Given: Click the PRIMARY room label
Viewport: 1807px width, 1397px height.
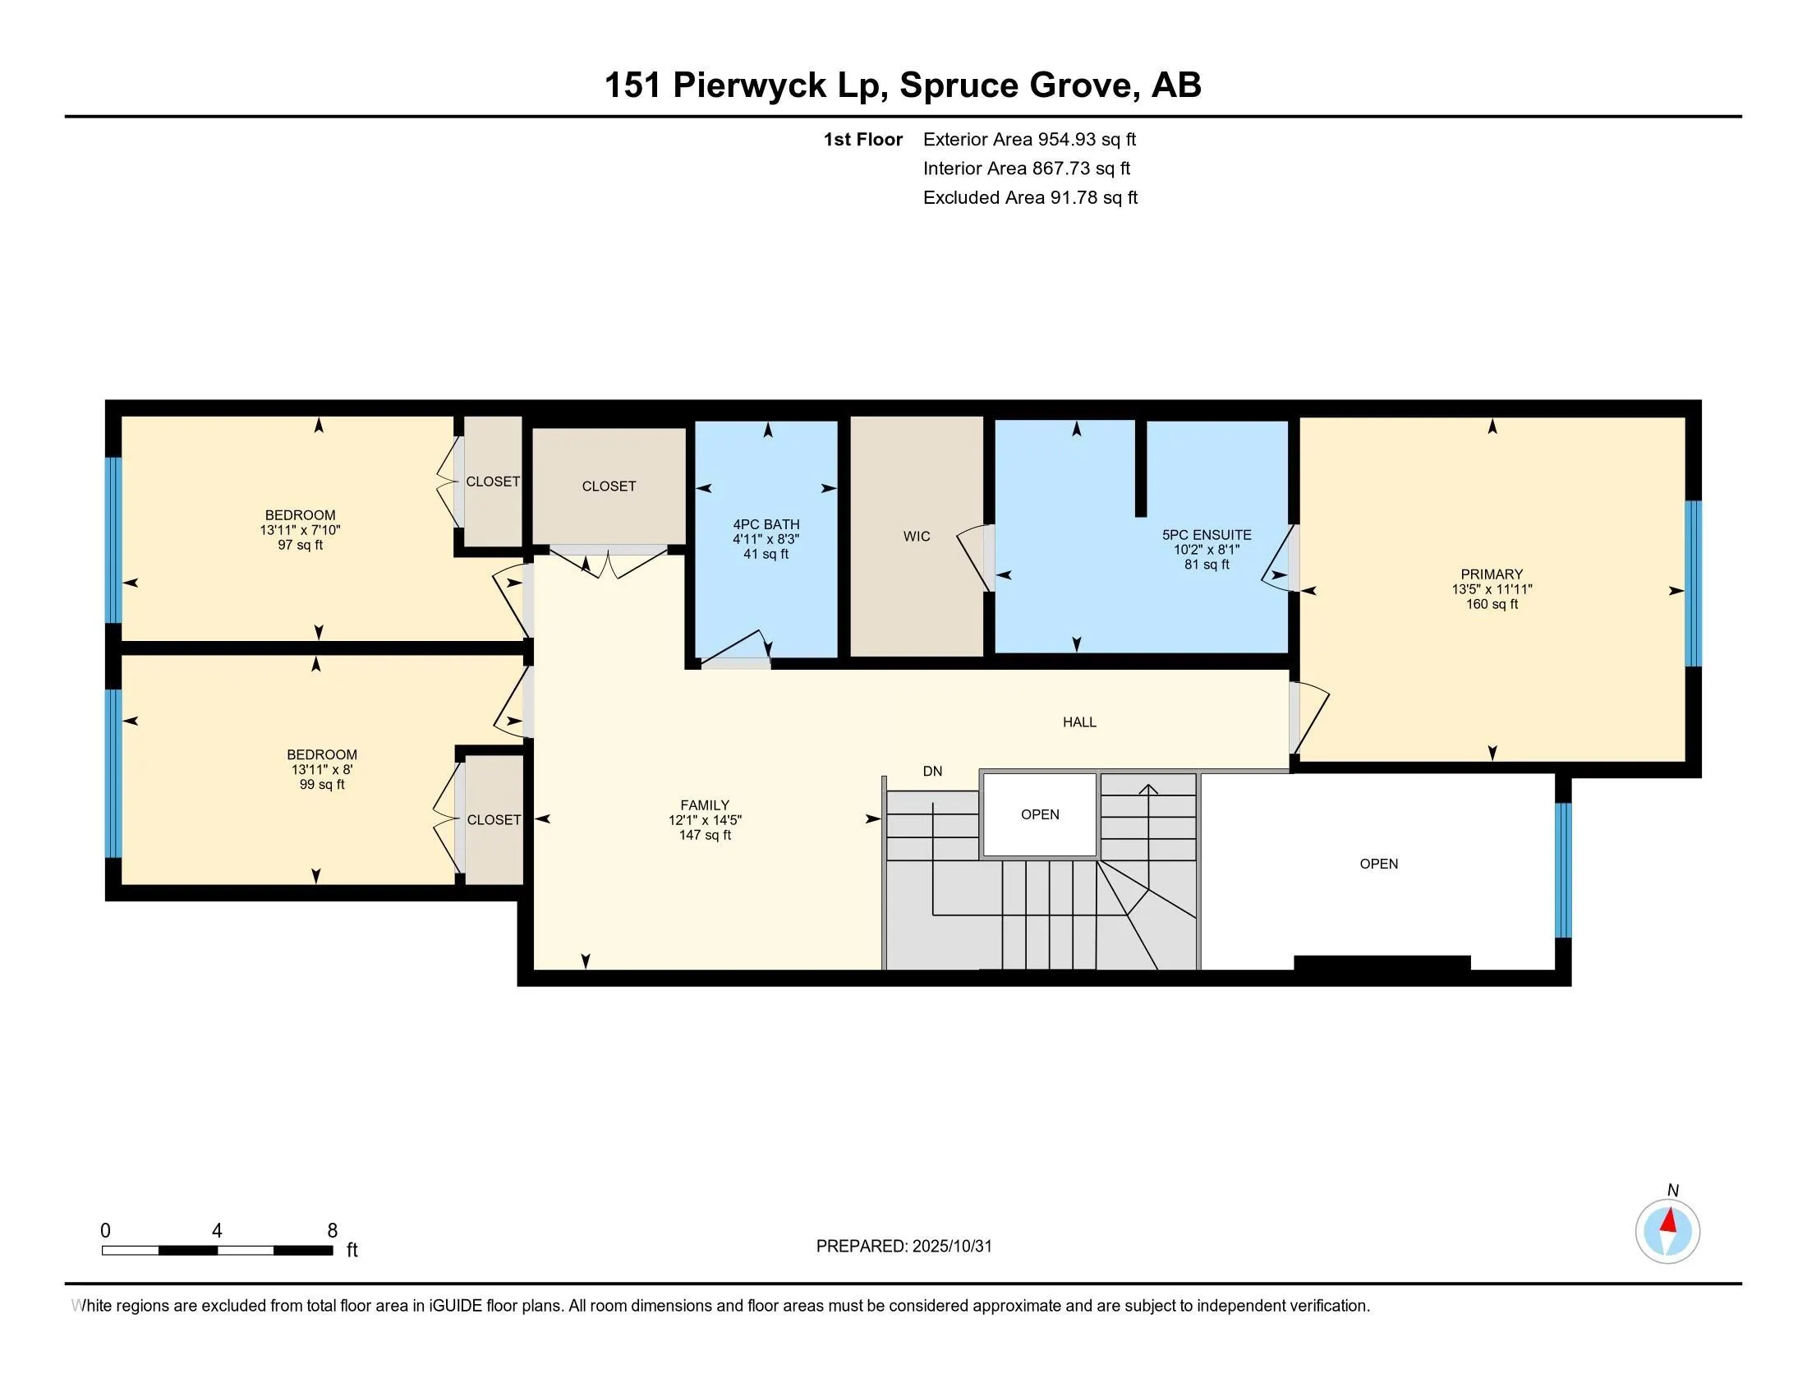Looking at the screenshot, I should pos(1491,574).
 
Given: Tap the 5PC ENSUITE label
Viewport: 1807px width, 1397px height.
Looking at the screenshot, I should pos(1207,536).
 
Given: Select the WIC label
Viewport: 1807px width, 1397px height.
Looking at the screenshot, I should pos(916,537).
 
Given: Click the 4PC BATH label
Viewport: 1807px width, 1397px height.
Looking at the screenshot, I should pos(766,525).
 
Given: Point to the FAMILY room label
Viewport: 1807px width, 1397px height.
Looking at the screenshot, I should pos(704,805).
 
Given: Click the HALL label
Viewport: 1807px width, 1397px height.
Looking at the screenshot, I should pos(1079,722).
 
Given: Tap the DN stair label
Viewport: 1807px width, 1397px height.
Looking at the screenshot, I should pos(931,772).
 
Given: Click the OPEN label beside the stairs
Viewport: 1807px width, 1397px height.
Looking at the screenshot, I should pos(1039,814).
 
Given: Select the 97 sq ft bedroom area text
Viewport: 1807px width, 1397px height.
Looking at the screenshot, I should pos(301,546).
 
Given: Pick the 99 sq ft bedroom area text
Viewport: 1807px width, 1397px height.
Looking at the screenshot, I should pos(322,785).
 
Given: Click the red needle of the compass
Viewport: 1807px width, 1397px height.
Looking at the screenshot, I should pos(1670,1221).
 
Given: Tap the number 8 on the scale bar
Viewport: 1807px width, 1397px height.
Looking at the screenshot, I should pos(332,1231).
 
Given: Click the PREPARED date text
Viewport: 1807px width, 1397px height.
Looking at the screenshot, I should pos(903,1247).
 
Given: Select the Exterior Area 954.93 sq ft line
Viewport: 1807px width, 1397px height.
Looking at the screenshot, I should pos(1028,140).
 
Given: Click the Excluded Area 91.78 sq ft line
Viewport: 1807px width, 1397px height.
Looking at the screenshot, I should pos(1029,198).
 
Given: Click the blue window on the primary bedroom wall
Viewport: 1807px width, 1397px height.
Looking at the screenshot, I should pos(1693,583).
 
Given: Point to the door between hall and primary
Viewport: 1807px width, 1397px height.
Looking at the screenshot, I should pos(1309,717).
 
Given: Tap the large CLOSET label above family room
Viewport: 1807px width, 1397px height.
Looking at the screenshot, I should pos(608,486).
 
